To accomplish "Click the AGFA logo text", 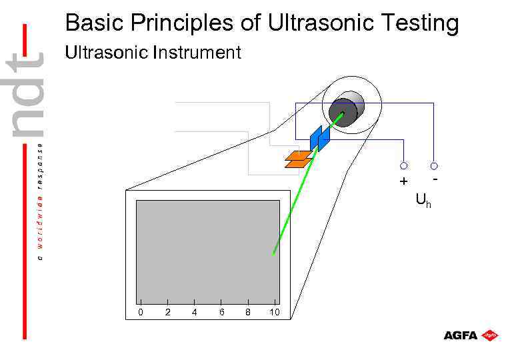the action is pyautogui.click(x=460, y=335).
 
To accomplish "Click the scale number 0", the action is pyautogui.click(x=140, y=312).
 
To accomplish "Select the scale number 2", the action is pyautogui.click(x=167, y=312).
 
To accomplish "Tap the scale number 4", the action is pyautogui.click(x=194, y=312).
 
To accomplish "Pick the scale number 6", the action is pyautogui.click(x=221, y=312).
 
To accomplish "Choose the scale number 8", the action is pyautogui.click(x=248, y=312).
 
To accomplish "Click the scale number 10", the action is pyautogui.click(x=274, y=312).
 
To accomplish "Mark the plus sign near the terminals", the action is pyautogui.click(x=403, y=182).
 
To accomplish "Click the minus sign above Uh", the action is pyautogui.click(x=435, y=179).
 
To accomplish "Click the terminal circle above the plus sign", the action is pyautogui.click(x=404, y=165).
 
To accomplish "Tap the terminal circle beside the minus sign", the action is pyautogui.click(x=434, y=165).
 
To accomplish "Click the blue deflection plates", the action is pyautogui.click(x=319, y=138).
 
